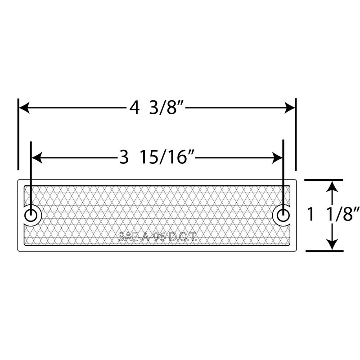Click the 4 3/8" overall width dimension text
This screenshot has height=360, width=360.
click(x=156, y=108)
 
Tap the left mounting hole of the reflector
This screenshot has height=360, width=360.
click(x=31, y=215)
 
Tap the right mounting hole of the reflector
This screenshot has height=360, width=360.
click(x=283, y=215)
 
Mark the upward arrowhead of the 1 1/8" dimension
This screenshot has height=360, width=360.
click(x=332, y=185)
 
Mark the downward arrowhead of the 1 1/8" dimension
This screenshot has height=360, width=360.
click(x=332, y=245)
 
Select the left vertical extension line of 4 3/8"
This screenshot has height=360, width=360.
click(x=18, y=135)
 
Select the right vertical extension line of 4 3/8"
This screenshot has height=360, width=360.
click(x=296, y=135)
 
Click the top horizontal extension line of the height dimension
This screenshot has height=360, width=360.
click(x=324, y=180)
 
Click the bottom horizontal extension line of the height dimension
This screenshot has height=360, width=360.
click(x=324, y=251)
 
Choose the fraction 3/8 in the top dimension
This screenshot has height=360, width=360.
click(x=167, y=108)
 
